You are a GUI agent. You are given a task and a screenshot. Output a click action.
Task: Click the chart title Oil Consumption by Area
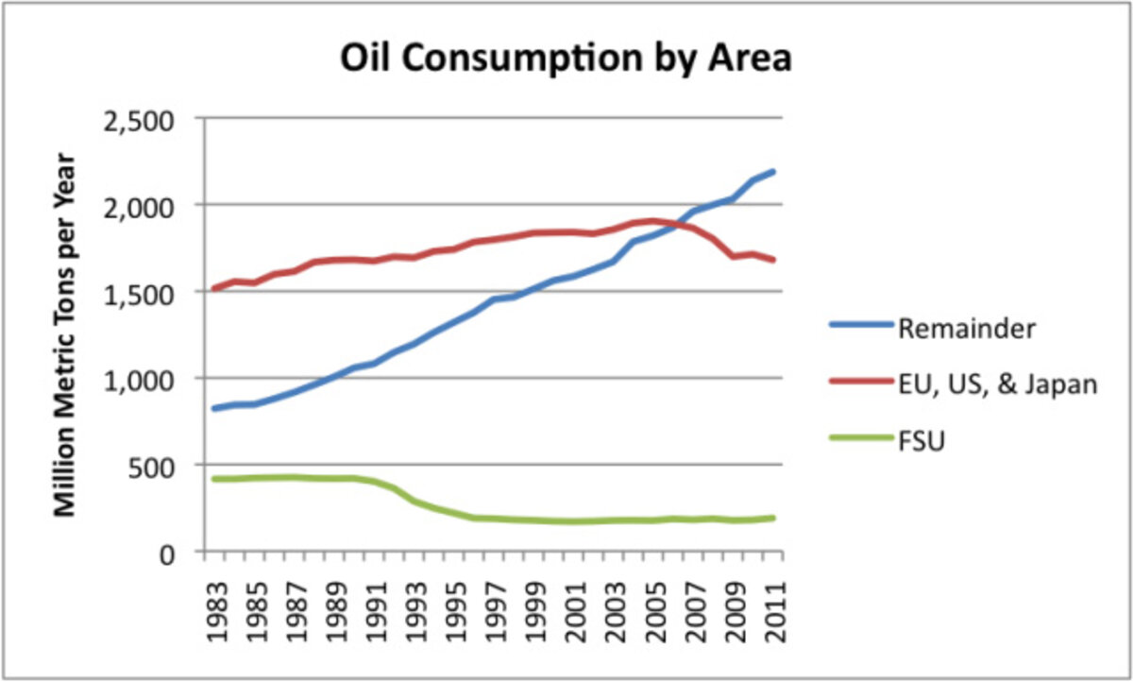tap(565, 59)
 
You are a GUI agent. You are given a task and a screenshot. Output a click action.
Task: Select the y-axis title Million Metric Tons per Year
tap(64, 334)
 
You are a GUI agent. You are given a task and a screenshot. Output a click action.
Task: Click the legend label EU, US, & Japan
tap(997, 384)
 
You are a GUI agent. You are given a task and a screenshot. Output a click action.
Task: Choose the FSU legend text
tap(922, 440)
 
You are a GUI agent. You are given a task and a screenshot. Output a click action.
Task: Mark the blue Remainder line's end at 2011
tap(774, 171)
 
